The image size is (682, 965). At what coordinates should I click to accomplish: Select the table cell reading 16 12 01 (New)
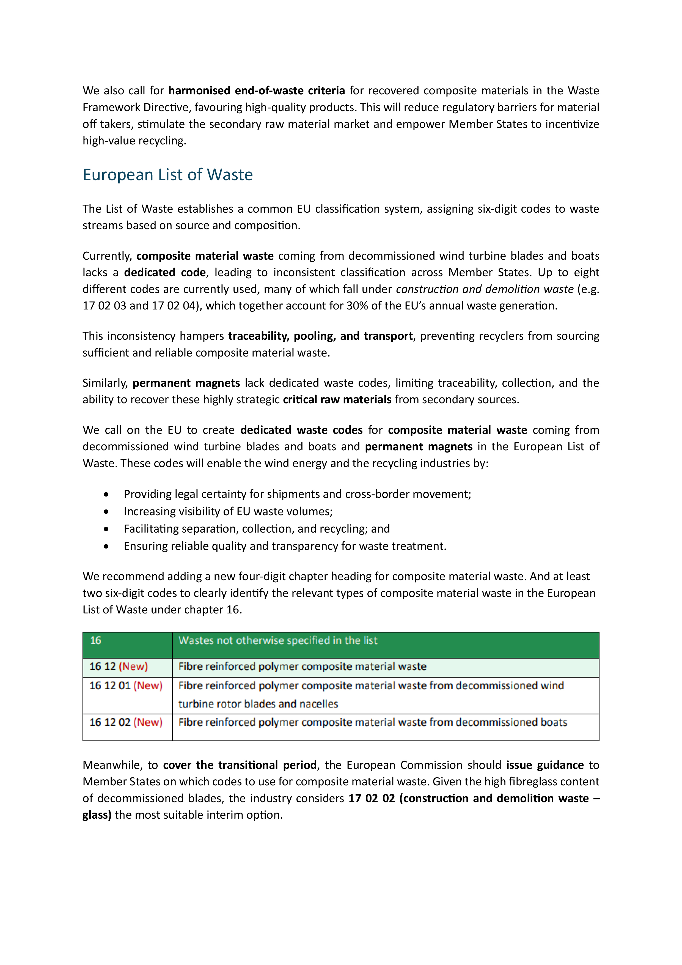point(126,686)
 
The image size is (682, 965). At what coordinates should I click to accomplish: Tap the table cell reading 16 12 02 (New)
point(126,722)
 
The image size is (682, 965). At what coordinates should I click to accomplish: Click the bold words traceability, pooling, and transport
point(320,336)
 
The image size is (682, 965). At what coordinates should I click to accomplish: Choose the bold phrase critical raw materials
point(337,400)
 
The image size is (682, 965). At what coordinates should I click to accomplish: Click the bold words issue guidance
point(544,765)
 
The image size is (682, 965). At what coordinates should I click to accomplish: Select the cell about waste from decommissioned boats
point(372,722)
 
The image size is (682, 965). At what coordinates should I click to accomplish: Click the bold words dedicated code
point(165,273)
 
